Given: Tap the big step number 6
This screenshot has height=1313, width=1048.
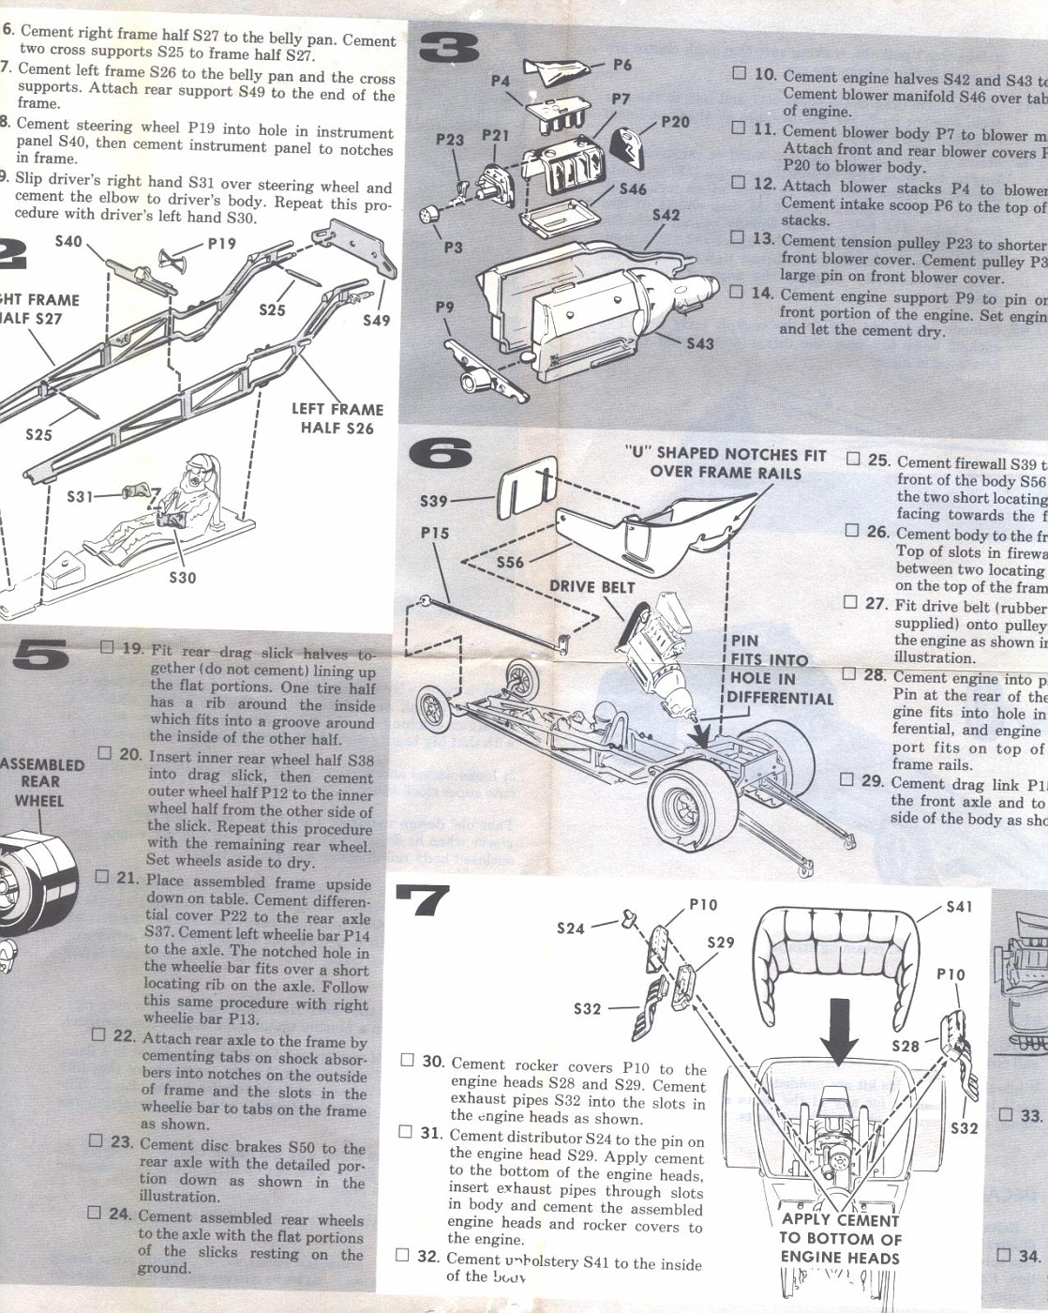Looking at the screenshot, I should (441, 454).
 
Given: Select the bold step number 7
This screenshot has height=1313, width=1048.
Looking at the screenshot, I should (423, 901).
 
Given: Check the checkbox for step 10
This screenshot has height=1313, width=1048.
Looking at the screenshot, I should (740, 73).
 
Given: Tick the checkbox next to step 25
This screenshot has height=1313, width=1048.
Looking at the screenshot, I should (853, 459).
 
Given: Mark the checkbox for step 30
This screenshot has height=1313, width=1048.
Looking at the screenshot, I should (407, 1060).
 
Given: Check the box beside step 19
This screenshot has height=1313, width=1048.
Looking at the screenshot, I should (107, 646).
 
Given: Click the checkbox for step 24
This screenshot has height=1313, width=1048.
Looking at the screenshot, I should (94, 1212).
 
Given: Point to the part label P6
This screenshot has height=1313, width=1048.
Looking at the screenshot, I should (622, 65).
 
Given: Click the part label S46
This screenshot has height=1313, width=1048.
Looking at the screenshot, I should (633, 189).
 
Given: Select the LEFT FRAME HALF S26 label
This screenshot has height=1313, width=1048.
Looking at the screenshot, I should (337, 418).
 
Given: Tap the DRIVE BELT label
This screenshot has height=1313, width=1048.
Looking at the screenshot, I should (591, 587).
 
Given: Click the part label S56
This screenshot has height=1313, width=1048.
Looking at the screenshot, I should (510, 562).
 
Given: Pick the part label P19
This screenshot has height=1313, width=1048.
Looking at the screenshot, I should (221, 243).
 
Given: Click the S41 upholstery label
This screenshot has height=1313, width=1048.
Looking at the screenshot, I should (959, 906).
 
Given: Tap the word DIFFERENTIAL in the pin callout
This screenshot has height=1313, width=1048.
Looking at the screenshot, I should (779, 698).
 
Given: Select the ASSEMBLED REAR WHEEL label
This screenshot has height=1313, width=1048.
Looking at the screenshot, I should (42, 782).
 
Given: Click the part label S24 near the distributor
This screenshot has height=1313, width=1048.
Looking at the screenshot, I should (570, 928).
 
